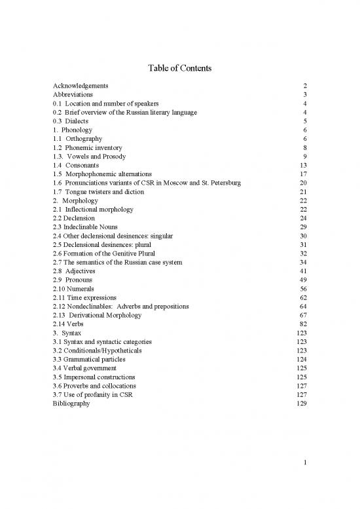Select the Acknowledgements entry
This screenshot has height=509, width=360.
81,86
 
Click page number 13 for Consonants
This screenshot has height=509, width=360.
303,166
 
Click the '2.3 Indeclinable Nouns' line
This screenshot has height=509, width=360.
87,227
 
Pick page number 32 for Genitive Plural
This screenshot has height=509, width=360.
303,254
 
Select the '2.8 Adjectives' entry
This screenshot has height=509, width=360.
77,271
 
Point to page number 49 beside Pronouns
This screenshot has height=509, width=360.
303,280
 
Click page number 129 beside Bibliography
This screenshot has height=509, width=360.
301,404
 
